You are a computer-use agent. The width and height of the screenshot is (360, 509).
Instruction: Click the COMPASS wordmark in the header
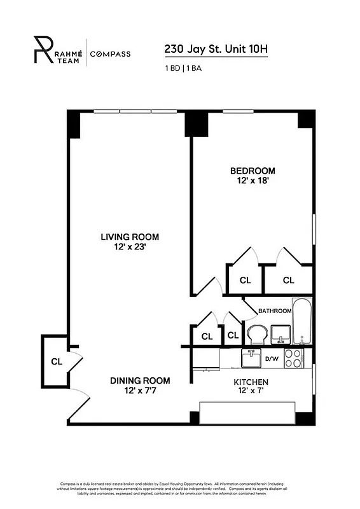110,54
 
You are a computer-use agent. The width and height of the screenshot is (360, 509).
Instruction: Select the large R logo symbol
43,48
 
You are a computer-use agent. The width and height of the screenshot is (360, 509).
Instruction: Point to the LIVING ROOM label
129,237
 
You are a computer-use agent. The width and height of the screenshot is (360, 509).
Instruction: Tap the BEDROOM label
253,171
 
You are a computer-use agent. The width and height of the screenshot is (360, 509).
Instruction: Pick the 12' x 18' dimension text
253,181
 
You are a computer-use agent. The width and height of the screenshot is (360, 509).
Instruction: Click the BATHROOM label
275,311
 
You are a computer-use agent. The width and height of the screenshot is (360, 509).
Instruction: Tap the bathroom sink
280,333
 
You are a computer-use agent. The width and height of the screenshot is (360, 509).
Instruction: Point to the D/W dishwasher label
272,359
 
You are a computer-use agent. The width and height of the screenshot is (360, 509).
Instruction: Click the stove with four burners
293,358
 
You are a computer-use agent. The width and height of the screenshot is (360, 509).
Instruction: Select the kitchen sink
252,358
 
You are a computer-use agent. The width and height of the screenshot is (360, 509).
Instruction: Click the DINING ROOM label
140,380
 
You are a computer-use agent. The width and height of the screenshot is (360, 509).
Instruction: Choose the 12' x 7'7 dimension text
140,391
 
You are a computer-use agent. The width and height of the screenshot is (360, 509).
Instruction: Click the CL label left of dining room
56,362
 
